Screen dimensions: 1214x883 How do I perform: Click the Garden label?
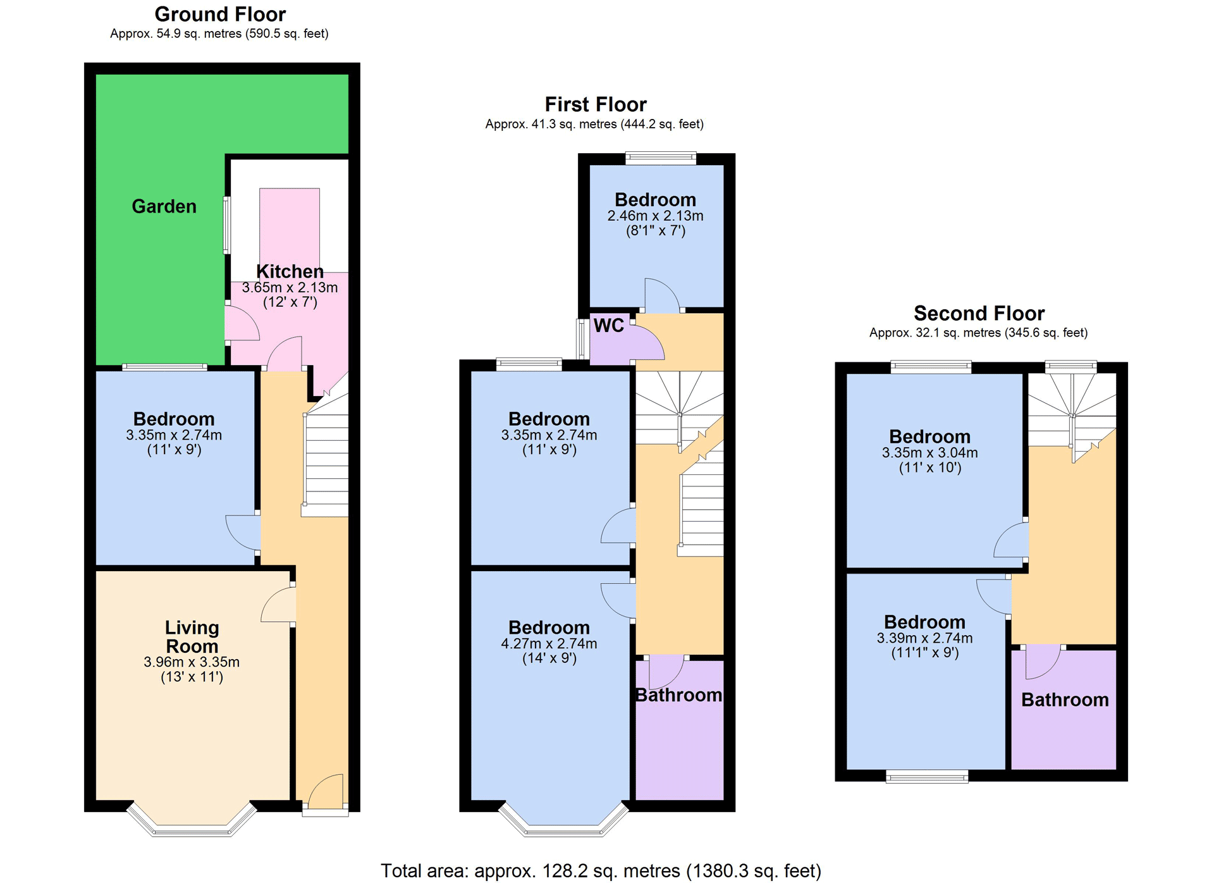coord(164,207)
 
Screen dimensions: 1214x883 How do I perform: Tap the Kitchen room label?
coord(290,271)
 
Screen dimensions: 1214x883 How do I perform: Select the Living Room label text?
coord(192,637)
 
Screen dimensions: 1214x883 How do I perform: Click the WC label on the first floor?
coord(608,326)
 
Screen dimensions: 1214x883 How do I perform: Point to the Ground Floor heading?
coord(220,14)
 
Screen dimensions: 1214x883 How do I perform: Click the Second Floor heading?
coord(979,313)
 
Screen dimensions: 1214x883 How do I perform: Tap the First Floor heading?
coord(596,104)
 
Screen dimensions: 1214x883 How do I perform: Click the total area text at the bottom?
coord(601,871)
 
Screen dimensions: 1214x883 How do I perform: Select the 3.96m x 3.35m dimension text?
coord(192,662)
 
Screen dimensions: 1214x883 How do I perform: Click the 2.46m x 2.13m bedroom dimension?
coord(655,216)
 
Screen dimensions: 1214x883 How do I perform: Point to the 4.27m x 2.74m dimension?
coord(549,644)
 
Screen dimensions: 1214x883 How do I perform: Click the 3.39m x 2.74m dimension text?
coord(924,638)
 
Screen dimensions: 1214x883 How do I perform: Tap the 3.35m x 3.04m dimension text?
coord(929,453)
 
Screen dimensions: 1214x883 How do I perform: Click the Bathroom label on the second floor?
coord(1065,700)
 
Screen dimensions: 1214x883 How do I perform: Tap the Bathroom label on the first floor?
coord(678,695)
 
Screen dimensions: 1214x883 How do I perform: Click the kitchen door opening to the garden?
coord(242,323)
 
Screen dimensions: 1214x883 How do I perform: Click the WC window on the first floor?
coord(581,339)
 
